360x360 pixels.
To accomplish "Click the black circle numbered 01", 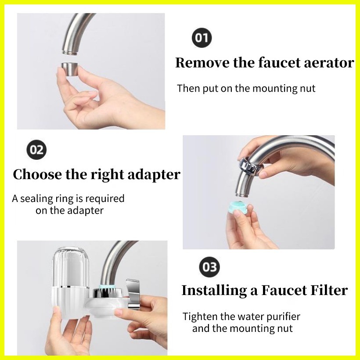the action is (202, 38).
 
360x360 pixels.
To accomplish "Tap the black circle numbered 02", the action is (37, 150).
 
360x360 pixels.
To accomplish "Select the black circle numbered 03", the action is (209, 267).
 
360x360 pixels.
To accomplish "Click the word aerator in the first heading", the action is (329, 63).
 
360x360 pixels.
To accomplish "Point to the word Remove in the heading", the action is (202, 63).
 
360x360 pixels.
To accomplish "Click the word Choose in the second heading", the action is (37, 174).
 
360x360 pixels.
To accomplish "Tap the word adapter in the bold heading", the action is (154, 175).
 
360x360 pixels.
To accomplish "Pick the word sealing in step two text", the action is (37, 199).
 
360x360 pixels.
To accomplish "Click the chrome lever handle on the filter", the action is (132, 294).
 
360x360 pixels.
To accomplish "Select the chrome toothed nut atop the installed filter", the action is (108, 293).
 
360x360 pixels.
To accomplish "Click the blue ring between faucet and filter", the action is (107, 287).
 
